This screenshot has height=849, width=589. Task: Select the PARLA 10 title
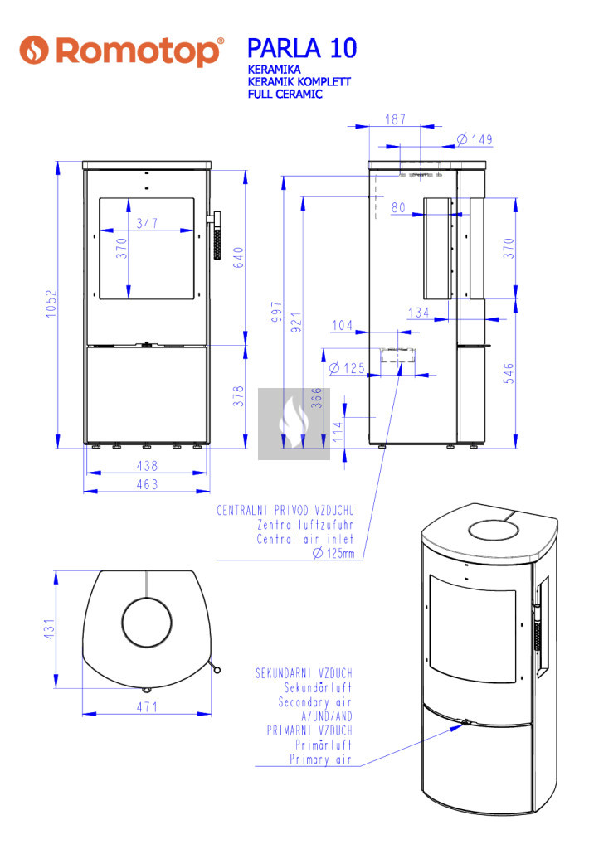[302, 48]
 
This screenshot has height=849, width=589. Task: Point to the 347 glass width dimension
[148, 223]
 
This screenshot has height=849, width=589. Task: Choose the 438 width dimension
[147, 467]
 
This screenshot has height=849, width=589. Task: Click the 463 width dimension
[147, 484]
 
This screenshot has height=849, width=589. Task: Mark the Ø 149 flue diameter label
[474, 139]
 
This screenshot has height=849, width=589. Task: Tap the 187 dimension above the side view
[395, 119]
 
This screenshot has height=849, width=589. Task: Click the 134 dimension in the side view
[419, 312]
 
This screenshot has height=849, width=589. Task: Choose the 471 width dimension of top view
[147, 707]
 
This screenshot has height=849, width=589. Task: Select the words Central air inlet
[304, 539]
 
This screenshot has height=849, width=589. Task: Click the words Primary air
[319, 759]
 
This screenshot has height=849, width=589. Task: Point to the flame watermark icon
[294, 423]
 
